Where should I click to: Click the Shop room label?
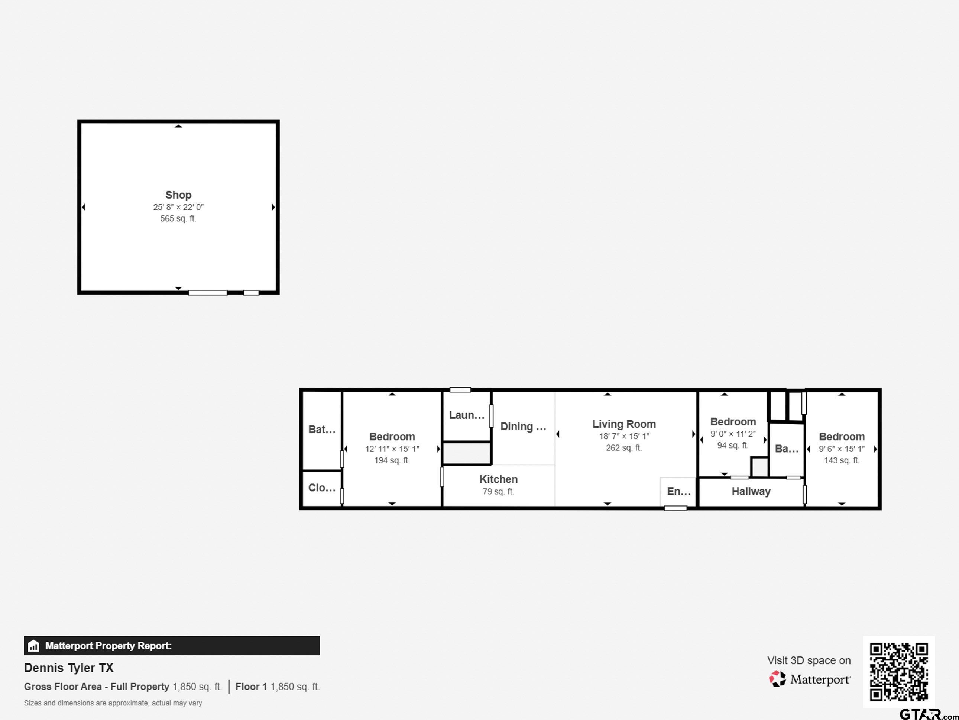coord(178,195)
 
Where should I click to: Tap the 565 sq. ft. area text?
coord(178,219)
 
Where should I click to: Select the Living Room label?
coord(624,424)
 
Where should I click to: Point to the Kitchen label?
coord(498,479)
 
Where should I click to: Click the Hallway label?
coord(751,491)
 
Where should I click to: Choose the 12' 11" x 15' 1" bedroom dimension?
coord(392,449)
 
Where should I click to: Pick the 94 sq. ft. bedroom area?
coord(733,445)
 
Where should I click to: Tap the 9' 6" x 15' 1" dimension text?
coord(842,449)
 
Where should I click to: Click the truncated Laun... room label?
coord(466,415)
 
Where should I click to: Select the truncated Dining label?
coord(523,427)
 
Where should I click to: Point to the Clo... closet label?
coord(322,488)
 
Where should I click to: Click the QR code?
coord(898,672)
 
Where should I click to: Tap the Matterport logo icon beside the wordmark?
coord(777,679)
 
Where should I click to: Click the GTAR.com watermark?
coord(928,714)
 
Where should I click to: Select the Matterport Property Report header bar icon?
coord(33,646)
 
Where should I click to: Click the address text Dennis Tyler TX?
coord(68,668)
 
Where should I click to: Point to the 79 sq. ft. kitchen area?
coord(498,491)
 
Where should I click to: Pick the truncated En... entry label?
coord(678,491)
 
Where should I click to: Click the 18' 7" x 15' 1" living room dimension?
coord(624,436)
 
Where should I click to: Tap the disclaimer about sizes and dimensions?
coord(113,703)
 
